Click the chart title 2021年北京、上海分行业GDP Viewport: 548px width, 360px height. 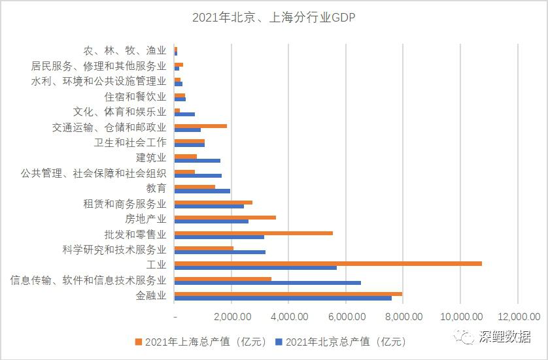pyautogui.click(x=273, y=18)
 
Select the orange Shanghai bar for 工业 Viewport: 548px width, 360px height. pyautogui.click(x=328, y=263)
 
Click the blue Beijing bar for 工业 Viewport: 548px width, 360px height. pyautogui.click(x=255, y=268)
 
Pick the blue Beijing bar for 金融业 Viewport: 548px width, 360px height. pyautogui.click(x=283, y=299)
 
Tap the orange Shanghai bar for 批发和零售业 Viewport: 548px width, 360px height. pyautogui.click(x=253, y=233)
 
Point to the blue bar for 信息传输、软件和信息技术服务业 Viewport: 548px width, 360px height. pyautogui.click(x=267, y=283)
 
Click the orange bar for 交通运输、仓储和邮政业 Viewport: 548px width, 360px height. pyautogui.click(x=200, y=125)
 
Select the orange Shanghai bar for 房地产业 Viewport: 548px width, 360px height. pyautogui.click(x=225, y=218)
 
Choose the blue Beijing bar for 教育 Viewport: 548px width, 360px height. pyautogui.click(x=202, y=191)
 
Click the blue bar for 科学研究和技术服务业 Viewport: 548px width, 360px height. pyautogui.click(x=220, y=252)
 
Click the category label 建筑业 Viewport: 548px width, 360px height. pyautogui.click(x=151, y=157)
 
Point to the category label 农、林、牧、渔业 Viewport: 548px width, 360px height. pyautogui.click(x=125, y=50)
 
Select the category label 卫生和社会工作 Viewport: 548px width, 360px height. pyautogui.click(x=130, y=142)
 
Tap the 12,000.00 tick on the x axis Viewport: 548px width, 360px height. pyautogui.click(x=517, y=317)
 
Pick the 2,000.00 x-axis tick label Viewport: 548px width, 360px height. pyautogui.click(x=232, y=317)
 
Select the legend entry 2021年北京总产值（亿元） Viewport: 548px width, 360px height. pyautogui.click(x=340, y=341)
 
